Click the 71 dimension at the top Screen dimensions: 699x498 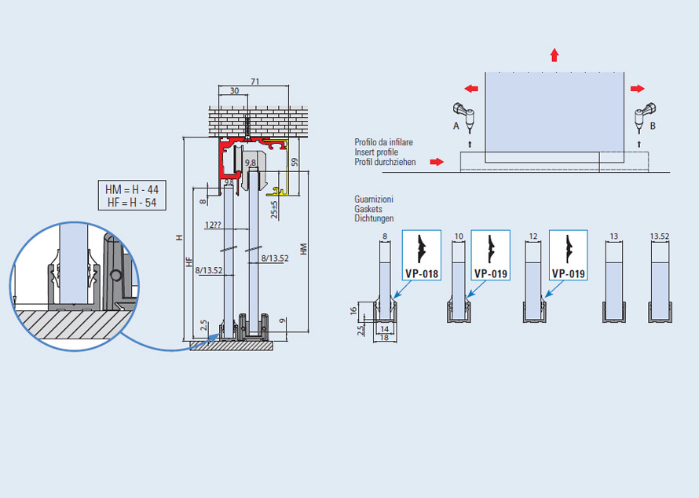(x=254, y=82)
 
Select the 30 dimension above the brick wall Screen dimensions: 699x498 (x=235, y=90)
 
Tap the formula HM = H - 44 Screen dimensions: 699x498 (x=132, y=189)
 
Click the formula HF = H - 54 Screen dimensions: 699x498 (x=132, y=203)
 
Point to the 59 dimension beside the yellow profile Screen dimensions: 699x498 (x=295, y=163)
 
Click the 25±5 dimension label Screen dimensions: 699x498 (x=274, y=210)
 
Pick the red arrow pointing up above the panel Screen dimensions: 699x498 (x=554, y=55)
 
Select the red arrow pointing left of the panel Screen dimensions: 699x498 (x=471, y=89)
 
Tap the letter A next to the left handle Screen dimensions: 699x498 (x=456, y=126)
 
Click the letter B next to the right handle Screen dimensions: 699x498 (x=653, y=126)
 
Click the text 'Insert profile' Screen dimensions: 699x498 (x=376, y=152)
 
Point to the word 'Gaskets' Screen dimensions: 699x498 (x=368, y=209)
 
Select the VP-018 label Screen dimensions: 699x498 (x=422, y=273)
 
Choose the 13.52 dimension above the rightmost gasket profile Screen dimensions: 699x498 (x=659, y=236)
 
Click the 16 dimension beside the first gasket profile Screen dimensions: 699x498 (x=353, y=310)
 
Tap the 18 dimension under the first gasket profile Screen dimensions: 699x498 (x=384, y=338)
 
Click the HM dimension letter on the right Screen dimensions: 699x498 (x=304, y=249)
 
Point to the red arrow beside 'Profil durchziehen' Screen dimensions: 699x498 (x=437, y=161)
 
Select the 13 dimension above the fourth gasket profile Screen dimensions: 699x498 (x=614, y=236)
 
